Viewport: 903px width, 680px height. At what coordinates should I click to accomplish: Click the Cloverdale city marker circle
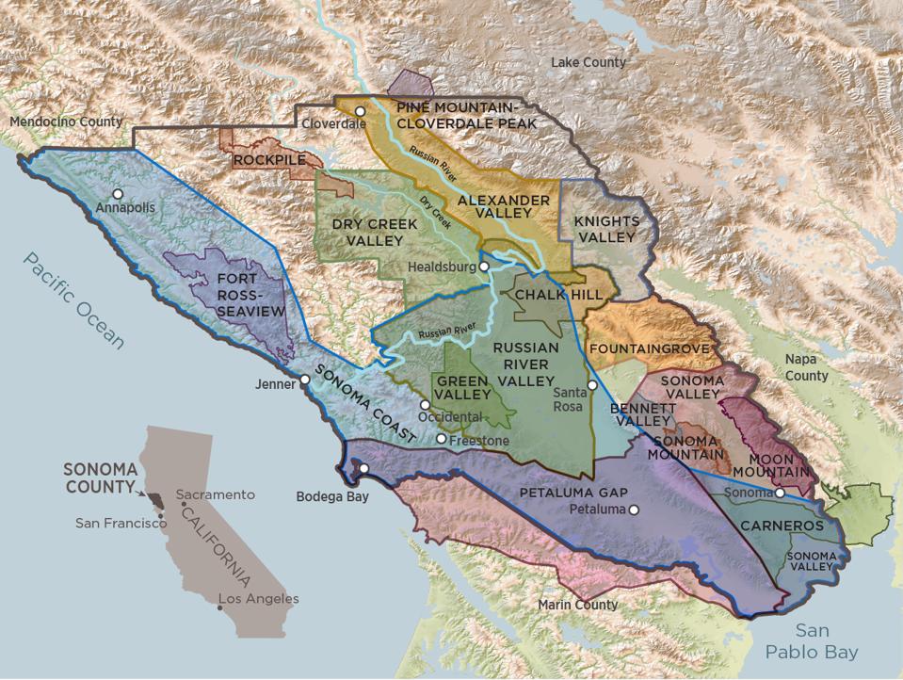[x=360, y=111]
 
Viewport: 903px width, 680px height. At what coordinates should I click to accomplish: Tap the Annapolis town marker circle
[x=118, y=193]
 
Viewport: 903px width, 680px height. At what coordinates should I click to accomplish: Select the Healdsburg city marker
[x=483, y=267]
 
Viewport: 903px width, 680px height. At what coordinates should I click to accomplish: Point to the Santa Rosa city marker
[x=592, y=384]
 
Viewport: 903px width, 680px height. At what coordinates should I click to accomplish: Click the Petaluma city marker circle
[x=634, y=510]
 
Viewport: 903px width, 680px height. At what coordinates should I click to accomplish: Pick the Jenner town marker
[x=304, y=380]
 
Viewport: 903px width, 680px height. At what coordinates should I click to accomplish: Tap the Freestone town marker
[x=441, y=439]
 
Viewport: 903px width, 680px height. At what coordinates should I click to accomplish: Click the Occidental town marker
[x=425, y=405]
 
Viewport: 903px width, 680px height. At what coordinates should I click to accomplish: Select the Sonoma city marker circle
[x=780, y=493]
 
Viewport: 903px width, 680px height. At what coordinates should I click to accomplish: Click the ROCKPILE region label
[x=270, y=160]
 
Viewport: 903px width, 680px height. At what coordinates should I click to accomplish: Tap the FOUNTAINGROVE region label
[x=648, y=348]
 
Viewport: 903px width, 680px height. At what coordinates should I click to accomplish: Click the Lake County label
[x=588, y=62]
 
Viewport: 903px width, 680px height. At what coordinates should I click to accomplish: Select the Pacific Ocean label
[x=74, y=300]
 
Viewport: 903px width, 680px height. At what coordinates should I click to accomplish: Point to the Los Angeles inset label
[x=258, y=598]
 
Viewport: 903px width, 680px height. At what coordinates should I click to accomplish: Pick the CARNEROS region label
[x=781, y=526]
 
